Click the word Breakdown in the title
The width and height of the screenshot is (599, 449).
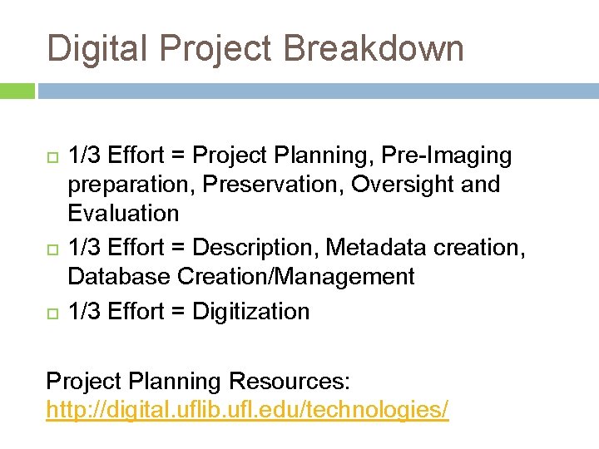[374, 48]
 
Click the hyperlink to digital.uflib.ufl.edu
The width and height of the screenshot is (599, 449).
[247, 409]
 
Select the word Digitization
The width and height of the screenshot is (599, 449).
[250, 311]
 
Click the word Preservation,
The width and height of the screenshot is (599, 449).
[276, 184]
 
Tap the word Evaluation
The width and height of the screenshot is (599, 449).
[123, 213]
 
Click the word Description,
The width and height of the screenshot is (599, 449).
[255, 247]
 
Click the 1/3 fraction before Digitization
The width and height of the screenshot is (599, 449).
[82, 311]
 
